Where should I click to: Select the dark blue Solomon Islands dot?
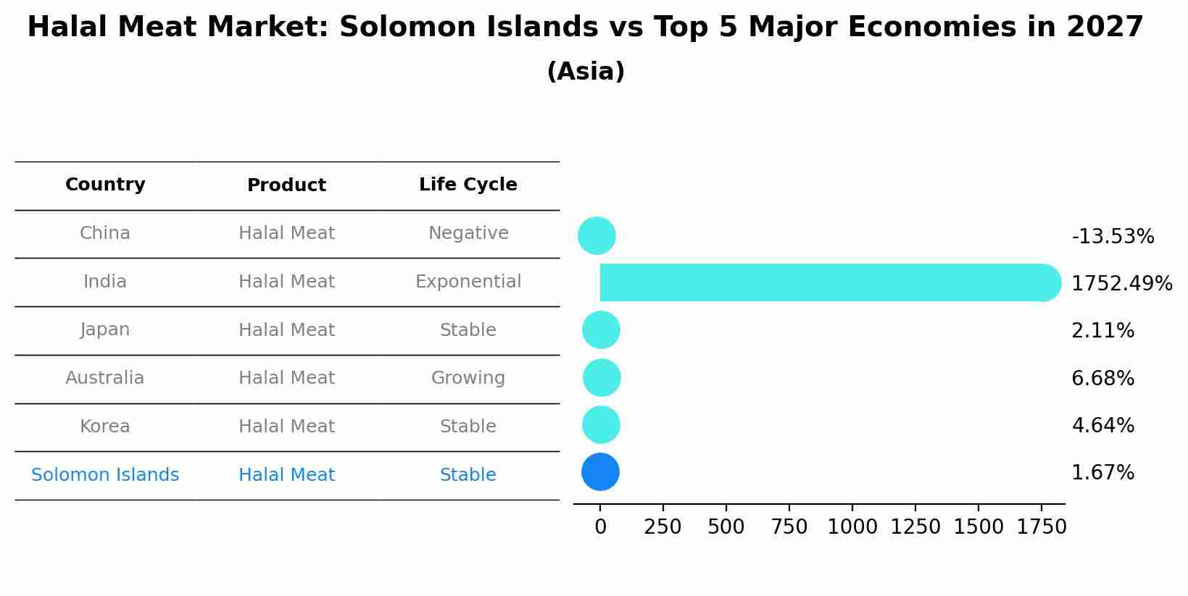(600, 472)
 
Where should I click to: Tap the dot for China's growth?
(597, 235)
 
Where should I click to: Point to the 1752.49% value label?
(1121, 283)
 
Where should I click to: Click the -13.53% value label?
(1113, 237)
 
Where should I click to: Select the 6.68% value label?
(1102, 378)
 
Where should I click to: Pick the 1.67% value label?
(1102, 473)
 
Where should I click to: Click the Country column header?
(105, 185)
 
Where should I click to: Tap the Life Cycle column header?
(468, 185)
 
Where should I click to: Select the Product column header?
(286, 185)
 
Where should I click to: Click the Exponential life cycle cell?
(468, 282)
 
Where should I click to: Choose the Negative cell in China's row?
(468, 233)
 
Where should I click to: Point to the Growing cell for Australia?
(468, 378)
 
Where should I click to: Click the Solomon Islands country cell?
(105, 475)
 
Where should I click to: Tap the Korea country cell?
(105, 427)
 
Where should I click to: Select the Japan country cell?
(105, 330)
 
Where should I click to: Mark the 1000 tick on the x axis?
(852, 526)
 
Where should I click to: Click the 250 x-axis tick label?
(662, 526)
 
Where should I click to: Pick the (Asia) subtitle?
(586, 72)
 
